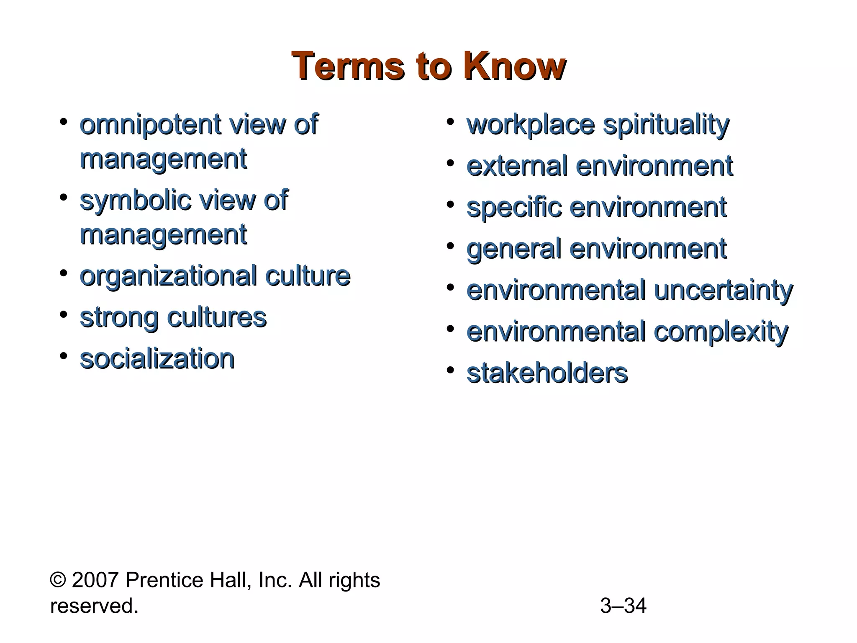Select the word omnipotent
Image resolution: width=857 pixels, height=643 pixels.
151,125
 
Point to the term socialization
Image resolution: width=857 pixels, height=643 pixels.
157,359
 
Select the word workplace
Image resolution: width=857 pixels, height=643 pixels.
531,125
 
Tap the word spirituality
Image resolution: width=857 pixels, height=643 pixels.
666,125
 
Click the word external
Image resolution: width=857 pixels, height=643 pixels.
517,166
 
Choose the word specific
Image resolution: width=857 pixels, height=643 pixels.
513,208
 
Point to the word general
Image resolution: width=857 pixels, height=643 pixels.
513,249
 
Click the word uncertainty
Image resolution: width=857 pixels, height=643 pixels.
723,291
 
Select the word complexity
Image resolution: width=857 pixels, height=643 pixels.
721,332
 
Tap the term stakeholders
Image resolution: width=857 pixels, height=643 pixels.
547,373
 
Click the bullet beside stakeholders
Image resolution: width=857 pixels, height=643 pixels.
450,370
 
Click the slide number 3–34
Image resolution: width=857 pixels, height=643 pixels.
623,606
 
